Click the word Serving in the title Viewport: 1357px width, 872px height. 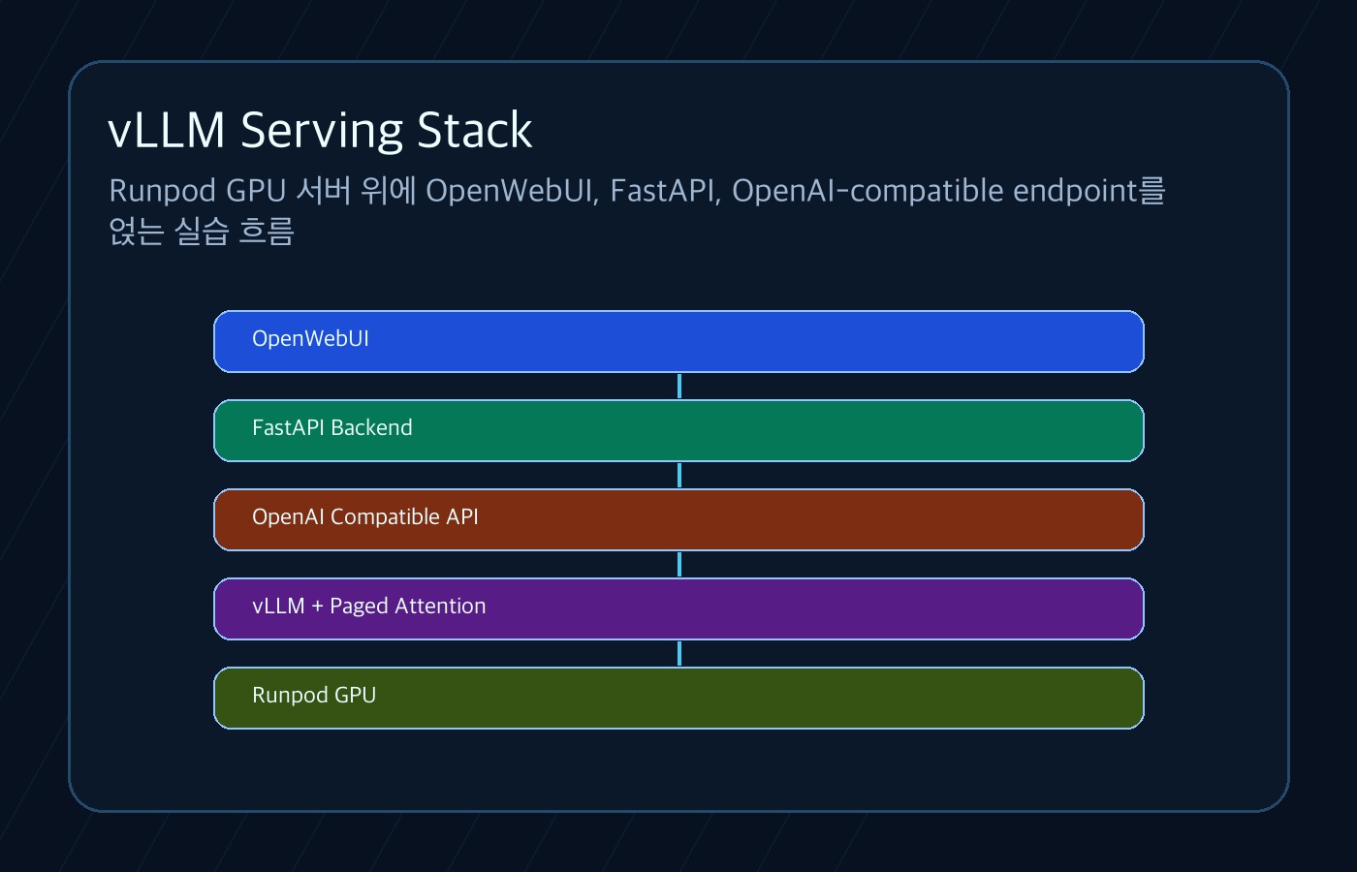pyautogui.click(x=322, y=131)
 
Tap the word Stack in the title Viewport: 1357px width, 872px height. pyautogui.click(x=475, y=130)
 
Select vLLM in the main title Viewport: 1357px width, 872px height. pyautogui.click(x=167, y=130)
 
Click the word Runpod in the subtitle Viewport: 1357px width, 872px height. pyautogui.click(x=163, y=192)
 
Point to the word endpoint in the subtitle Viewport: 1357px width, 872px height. pyautogui.click(x=1075, y=192)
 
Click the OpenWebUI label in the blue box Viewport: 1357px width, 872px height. pyautogui.click(x=310, y=338)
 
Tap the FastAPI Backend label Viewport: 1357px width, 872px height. pyautogui.click(x=331, y=427)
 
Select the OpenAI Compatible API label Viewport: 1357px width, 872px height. pyautogui.click(x=365, y=517)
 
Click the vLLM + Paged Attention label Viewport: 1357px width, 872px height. pyautogui.click(x=369, y=607)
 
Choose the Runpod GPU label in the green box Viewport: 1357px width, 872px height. pyautogui.click(x=314, y=696)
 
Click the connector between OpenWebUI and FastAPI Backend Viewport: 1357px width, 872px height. pyautogui.click(x=679, y=386)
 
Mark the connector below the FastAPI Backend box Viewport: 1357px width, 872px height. pyautogui.click(x=679, y=475)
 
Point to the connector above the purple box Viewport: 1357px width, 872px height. pyautogui.click(x=679, y=564)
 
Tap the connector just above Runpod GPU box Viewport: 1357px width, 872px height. pyautogui.click(x=679, y=653)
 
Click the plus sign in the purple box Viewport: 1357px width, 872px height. pyautogui.click(x=318, y=607)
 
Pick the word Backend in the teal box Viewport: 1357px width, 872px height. pyautogui.click(x=372, y=427)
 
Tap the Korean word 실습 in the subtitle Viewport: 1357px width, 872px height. pyautogui.click(x=202, y=232)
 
